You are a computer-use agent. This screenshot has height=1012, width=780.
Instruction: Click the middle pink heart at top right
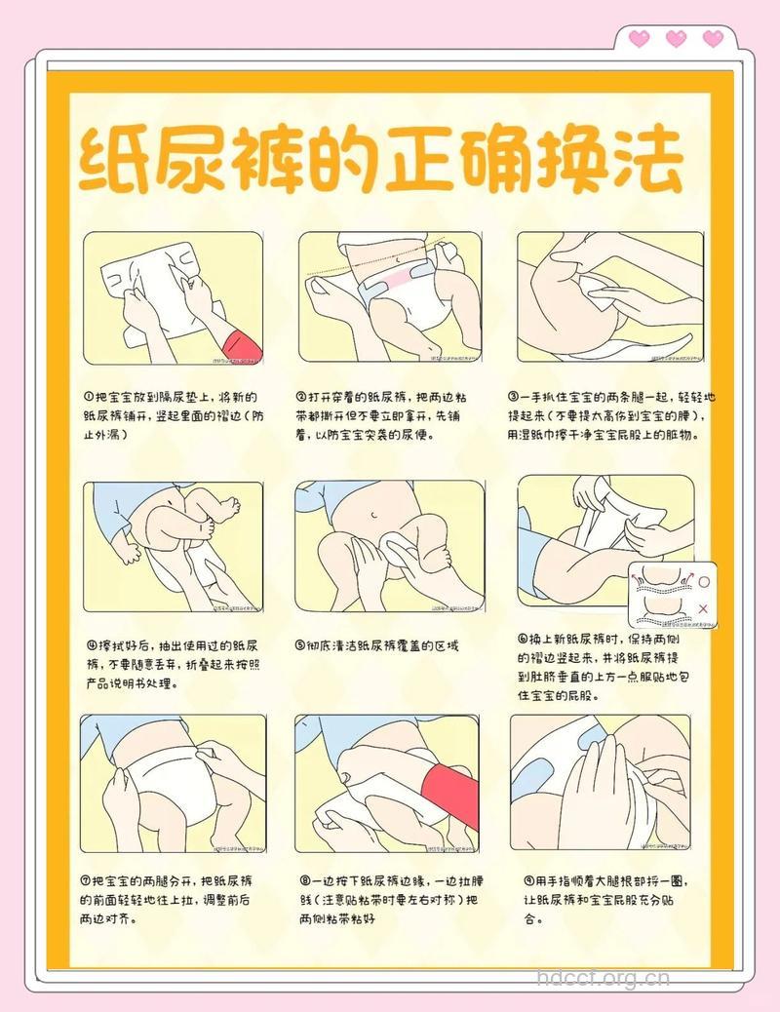(675, 39)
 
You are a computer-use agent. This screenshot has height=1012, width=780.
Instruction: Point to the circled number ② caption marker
(302, 398)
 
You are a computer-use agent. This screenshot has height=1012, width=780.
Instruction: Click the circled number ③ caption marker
(513, 398)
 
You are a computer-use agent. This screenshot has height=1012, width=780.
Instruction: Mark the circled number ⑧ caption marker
(305, 881)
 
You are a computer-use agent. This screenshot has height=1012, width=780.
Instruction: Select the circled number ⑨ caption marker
(528, 881)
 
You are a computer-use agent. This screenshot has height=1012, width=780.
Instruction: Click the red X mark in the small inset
(704, 608)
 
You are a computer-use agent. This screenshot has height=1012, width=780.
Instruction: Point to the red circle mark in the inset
(704, 582)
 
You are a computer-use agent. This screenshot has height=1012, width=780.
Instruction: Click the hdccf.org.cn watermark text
(604, 977)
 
